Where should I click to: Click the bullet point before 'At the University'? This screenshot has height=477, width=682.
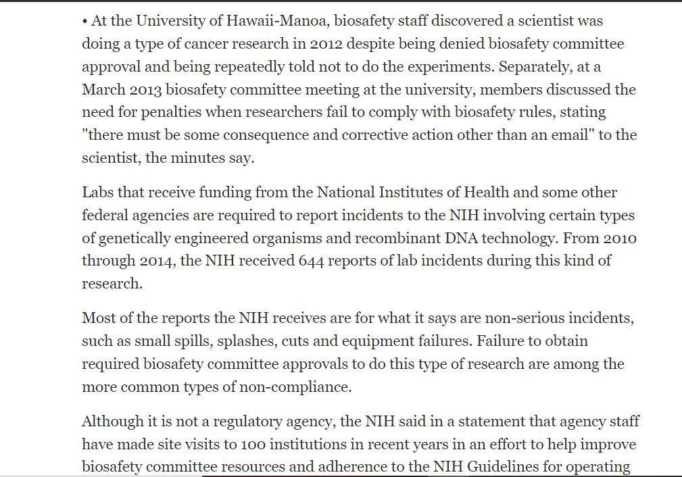pos(85,22)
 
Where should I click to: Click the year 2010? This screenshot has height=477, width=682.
pos(620,238)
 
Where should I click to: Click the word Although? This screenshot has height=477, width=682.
pos(112,422)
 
